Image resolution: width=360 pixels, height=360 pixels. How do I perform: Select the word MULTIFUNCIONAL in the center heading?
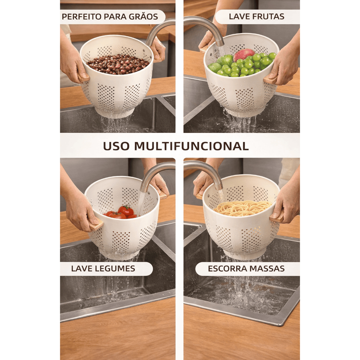(x=192, y=146)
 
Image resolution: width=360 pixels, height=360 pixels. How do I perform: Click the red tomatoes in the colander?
(x=122, y=212)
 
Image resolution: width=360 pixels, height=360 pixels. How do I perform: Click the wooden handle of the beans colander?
(x=83, y=77)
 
